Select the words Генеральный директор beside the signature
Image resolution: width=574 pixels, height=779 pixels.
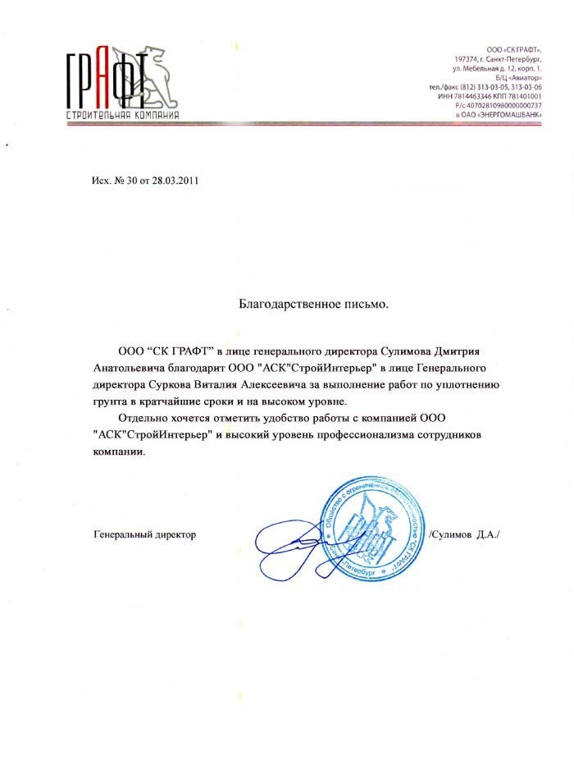(146, 534)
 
